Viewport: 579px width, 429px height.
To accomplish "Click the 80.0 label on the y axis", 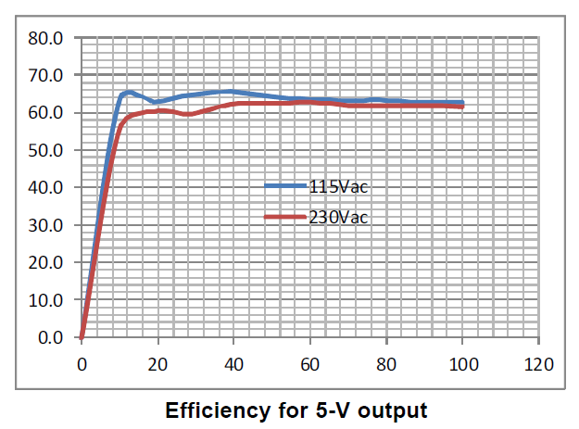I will pos(44,38).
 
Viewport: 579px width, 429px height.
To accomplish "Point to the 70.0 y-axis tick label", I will pos(44,75).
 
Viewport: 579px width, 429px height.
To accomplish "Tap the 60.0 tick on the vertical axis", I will pos(44,113).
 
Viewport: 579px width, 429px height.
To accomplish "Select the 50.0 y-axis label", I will pos(44,150).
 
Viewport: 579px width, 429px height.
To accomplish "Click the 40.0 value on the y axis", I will pos(44,187).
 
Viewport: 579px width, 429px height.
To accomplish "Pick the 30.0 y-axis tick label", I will pos(44,225).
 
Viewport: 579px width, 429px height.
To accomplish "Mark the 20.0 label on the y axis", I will pos(44,262).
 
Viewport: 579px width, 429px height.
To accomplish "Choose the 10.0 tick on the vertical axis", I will pos(44,300).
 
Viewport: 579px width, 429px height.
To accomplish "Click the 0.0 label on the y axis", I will pos(48,337).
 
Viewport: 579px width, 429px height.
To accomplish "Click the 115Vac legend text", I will pos(340,187).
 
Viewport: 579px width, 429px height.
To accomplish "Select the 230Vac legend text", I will pos(340,218).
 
